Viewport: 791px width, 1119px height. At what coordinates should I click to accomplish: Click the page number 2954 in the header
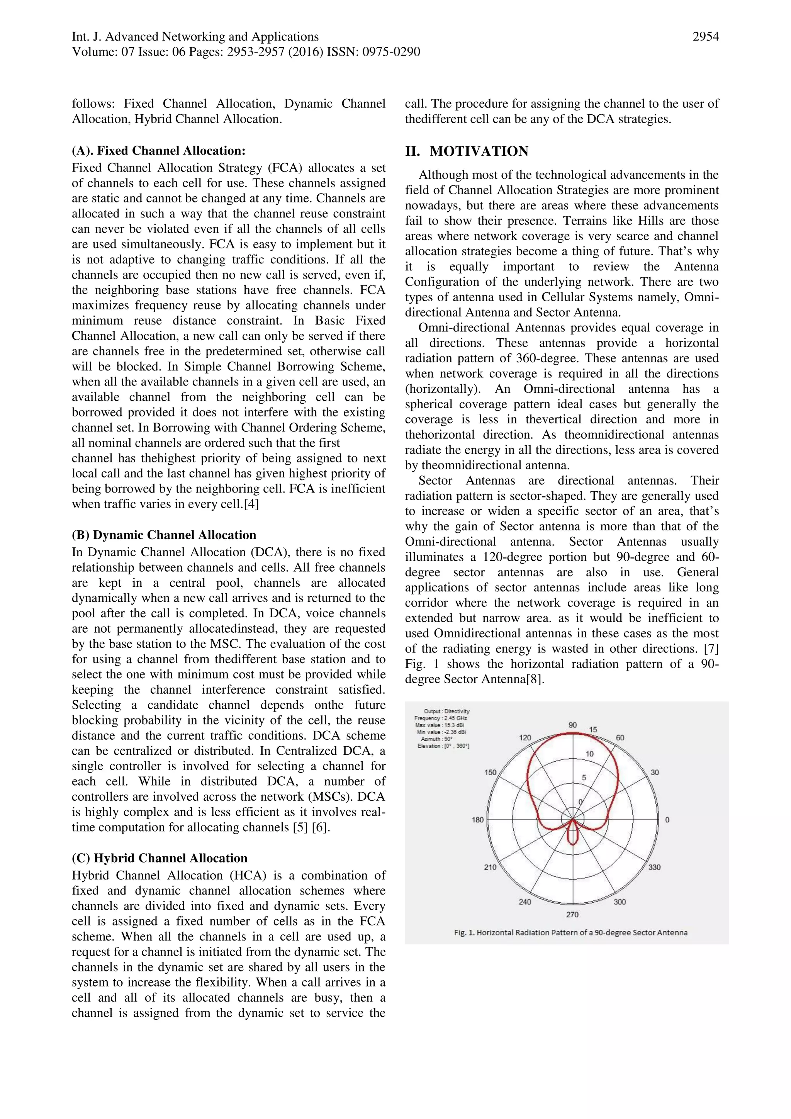(705, 37)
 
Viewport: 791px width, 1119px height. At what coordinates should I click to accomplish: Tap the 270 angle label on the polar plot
(572, 914)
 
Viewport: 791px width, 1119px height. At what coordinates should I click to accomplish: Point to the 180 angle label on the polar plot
(478, 820)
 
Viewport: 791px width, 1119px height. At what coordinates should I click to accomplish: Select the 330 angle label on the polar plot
(655, 867)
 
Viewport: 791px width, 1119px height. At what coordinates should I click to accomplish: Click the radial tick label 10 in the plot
(589, 754)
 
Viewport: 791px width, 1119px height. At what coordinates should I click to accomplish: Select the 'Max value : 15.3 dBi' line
(439, 725)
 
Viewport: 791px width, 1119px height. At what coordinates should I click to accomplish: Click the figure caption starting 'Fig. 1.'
(570, 932)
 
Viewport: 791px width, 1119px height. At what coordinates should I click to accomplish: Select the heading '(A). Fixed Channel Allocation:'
(158, 151)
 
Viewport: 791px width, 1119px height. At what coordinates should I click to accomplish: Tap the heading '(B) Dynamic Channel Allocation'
(164, 535)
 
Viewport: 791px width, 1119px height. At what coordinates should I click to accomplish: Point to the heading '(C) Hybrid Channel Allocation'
(160, 858)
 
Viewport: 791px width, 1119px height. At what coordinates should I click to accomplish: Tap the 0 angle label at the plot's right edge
(667, 820)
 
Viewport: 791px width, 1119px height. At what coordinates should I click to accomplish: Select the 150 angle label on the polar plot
(490, 773)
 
